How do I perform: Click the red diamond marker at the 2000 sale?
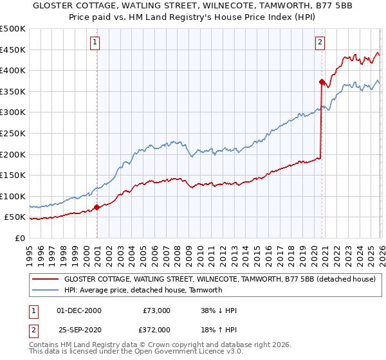97,207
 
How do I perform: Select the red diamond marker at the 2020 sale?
321,82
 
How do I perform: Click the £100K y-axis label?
13,196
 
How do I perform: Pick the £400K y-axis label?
13,70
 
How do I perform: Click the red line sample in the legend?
46,280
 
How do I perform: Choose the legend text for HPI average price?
143,290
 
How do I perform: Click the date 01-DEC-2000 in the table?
79,310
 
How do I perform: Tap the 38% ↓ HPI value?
219,310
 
